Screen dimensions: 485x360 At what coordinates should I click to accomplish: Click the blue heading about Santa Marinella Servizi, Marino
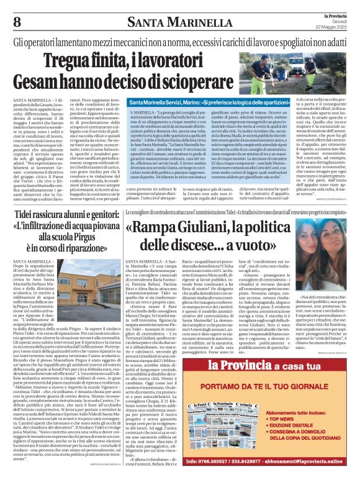click(x=218, y=101)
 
